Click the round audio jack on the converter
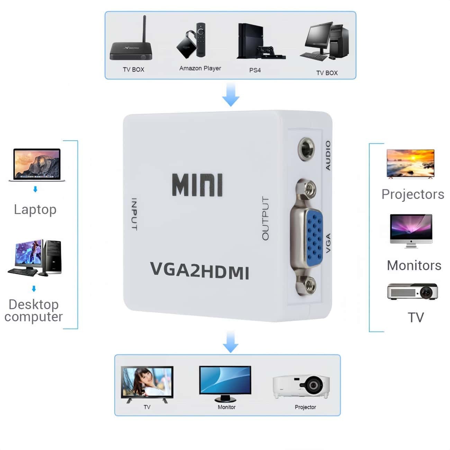click(306, 149)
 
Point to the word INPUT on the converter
click(134, 214)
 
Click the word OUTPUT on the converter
click(265, 218)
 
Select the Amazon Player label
click(200, 68)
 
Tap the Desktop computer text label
click(34, 310)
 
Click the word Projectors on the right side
click(413, 194)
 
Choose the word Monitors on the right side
click(414, 265)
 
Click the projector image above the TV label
click(412, 292)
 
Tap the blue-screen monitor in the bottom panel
click(225, 382)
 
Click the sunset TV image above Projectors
click(410, 164)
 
